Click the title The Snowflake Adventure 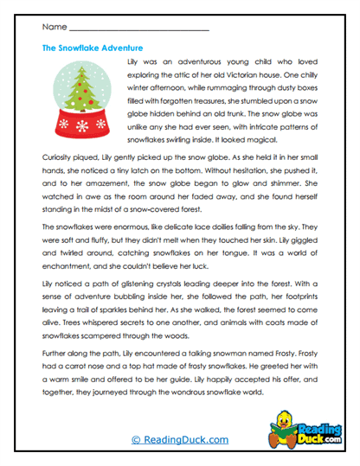[93, 48]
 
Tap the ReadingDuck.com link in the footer [179, 439]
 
